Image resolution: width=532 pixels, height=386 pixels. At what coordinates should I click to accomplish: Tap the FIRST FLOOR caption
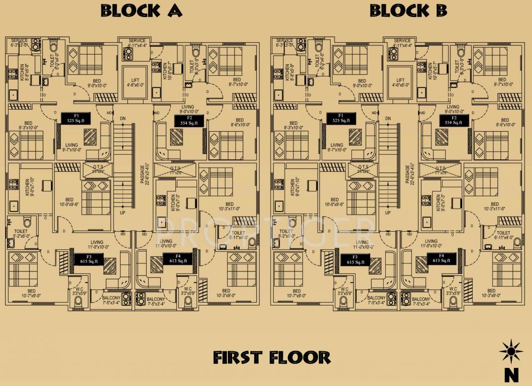coord(272,357)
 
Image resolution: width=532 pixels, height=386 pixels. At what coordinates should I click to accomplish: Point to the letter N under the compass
coord(511,374)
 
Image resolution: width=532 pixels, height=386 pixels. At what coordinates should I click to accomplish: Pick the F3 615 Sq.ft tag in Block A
coord(89,259)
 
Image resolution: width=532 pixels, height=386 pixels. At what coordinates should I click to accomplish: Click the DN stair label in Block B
coord(388,119)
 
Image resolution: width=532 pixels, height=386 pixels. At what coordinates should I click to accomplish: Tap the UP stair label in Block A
coord(123,213)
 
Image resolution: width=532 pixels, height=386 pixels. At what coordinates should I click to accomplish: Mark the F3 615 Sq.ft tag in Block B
coord(355,259)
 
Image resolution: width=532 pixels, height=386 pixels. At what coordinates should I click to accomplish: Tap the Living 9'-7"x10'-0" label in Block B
coord(337,147)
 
